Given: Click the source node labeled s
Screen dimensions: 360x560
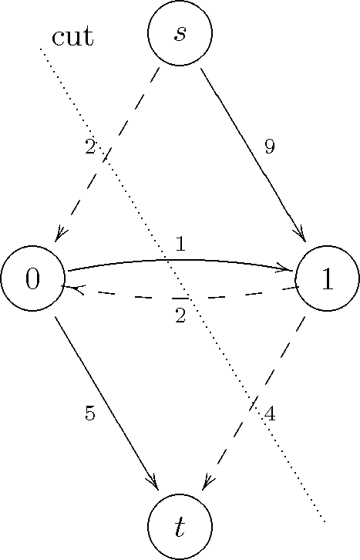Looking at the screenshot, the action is pos(180,33).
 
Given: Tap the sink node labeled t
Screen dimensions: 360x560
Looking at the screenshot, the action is pos(180,527).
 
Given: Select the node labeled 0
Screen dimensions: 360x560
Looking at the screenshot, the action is pos(32,278).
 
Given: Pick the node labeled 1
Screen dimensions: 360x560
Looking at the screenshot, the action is pos(327,278).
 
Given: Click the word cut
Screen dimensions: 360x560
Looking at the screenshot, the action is pos(72,36).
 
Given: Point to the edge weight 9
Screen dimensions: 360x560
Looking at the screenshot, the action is pos(270,147).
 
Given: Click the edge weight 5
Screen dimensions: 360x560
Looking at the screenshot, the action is pos(90,413).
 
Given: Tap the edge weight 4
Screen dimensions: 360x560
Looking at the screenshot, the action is pos(270,414).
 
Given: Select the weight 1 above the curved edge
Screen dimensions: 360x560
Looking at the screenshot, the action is pos(181,245).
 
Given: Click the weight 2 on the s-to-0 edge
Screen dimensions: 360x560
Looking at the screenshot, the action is pos(90,147).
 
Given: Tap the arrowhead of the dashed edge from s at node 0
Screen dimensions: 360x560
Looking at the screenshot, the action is pos(59,235).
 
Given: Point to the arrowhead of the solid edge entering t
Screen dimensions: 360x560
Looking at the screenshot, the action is pos(153,483).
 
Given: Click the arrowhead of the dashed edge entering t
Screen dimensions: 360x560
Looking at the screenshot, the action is pos(207,483).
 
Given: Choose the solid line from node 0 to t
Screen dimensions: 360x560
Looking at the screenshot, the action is pos(106,402).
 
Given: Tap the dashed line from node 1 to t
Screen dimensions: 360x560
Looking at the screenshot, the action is pos(254,402).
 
